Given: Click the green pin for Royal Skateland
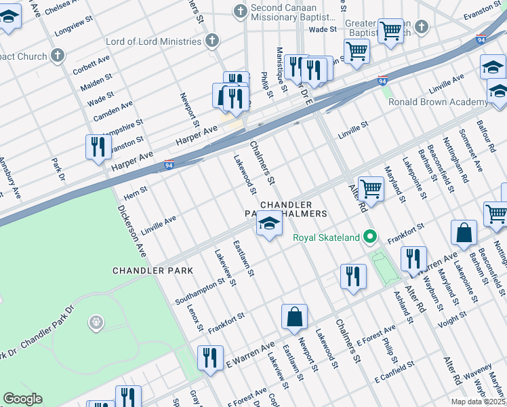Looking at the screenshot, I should coord(369,237).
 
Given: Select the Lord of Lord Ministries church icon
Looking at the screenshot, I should coord(212,41).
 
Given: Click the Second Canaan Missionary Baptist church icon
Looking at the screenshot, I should coord(239,12).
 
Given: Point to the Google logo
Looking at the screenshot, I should coord(22,399).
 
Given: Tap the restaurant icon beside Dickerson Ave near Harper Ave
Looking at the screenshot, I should coord(98,147).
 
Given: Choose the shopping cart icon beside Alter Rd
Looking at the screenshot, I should coord(371,188).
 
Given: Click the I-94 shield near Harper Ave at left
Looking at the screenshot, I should coord(169,164).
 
